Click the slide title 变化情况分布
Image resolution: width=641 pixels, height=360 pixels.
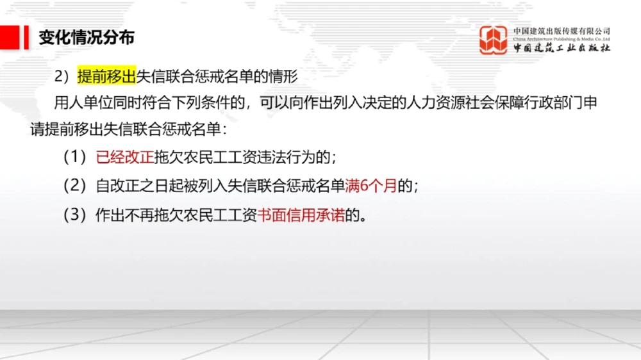[x=87, y=37]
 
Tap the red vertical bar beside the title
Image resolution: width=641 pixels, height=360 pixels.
[x=26, y=37]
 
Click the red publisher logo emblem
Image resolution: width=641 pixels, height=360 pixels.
[x=494, y=40]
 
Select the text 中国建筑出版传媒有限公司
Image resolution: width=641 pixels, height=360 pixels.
[x=562, y=31]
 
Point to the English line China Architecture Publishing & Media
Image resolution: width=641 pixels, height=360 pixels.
[x=562, y=39]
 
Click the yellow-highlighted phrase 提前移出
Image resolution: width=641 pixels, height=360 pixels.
[x=106, y=77]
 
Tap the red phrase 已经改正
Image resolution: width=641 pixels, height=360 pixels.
[x=125, y=158]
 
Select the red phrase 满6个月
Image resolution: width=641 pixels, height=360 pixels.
[x=371, y=186]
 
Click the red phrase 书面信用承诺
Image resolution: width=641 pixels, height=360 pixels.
[x=301, y=216]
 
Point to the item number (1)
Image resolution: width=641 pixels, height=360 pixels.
[x=74, y=158]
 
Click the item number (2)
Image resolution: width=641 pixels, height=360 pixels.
[x=74, y=186]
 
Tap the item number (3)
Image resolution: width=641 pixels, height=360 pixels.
[x=74, y=216]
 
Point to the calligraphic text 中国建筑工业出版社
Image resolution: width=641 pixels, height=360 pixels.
[x=562, y=49]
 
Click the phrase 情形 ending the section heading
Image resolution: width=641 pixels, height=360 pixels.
[x=284, y=77]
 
